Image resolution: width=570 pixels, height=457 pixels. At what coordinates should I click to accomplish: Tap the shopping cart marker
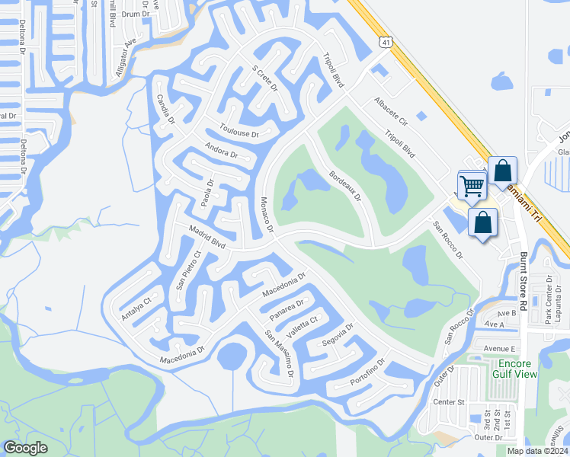pos(472,185)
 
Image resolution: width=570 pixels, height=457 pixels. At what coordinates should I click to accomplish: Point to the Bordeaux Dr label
pos(344,186)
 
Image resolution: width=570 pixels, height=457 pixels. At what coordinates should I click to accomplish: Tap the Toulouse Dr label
pos(239,130)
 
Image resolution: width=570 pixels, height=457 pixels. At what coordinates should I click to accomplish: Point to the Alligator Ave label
pos(126,53)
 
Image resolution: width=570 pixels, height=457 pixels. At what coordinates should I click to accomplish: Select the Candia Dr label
pos(165,110)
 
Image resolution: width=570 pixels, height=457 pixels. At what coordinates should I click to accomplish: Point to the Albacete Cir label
pos(392,111)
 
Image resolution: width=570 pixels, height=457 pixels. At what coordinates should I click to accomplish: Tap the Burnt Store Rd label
pos(524,281)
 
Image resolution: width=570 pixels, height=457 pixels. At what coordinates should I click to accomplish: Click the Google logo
pos(25,448)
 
